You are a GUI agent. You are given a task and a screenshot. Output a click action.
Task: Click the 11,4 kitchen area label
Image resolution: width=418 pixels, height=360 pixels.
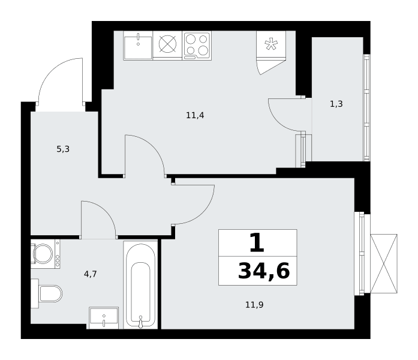[x=195, y=115]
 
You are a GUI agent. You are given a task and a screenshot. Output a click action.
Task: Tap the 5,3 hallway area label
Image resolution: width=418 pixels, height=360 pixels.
[x=63, y=149]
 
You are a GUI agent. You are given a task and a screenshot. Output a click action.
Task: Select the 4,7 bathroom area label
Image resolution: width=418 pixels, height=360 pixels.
[x=91, y=274]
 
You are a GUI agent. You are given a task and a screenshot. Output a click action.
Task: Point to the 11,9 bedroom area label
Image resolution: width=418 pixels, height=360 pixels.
[x=254, y=305]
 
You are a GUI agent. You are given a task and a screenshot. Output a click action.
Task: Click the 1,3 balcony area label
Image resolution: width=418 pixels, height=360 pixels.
[x=336, y=104]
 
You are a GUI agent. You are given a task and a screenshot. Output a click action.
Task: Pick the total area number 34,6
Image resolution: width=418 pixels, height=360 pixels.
[x=264, y=271]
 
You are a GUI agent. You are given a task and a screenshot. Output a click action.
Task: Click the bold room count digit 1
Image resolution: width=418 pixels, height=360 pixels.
[x=257, y=242]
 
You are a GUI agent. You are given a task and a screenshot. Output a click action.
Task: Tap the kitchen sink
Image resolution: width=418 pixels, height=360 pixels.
[x=138, y=46]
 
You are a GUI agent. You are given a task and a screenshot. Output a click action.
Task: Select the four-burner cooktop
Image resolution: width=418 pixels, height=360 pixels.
[x=197, y=46]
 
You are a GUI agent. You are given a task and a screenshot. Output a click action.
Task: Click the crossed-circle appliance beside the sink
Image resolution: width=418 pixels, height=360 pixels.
[x=167, y=44]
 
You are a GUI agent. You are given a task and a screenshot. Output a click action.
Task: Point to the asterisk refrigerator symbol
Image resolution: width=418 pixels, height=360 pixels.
[x=271, y=44]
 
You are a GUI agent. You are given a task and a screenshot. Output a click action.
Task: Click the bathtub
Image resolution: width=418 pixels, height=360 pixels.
[x=140, y=285]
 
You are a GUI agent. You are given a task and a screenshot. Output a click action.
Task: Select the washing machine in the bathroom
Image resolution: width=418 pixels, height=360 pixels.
[x=46, y=254]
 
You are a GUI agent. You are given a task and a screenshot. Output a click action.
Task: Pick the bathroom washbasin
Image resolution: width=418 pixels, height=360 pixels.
[x=104, y=318]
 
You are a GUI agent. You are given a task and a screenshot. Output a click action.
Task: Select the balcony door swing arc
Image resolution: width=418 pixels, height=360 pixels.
[x=280, y=121]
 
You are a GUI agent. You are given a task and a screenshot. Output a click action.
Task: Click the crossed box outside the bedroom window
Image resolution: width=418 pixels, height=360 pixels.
[x=384, y=264]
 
